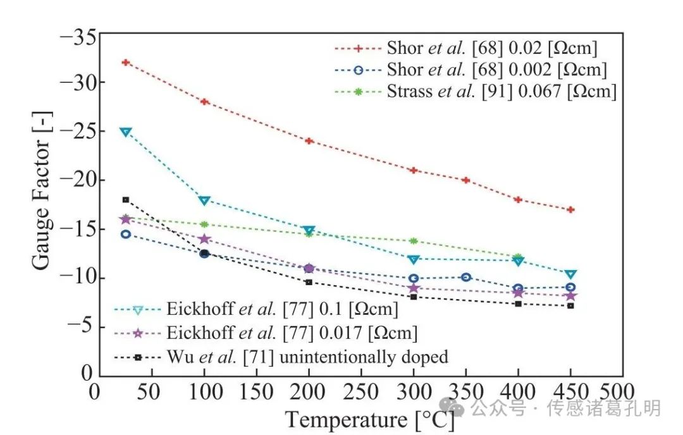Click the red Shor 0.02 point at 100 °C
click(x=204, y=102)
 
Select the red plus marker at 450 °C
click(x=570, y=209)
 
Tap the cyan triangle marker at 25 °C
click(x=126, y=132)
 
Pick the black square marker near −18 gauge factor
click(x=126, y=200)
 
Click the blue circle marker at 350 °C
click(x=466, y=277)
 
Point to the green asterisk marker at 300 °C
click(x=414, y=241)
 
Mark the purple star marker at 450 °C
click(x=570, y=295)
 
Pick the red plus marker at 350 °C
click(x=466, y=180)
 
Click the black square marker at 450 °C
click(x=570, y=305)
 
